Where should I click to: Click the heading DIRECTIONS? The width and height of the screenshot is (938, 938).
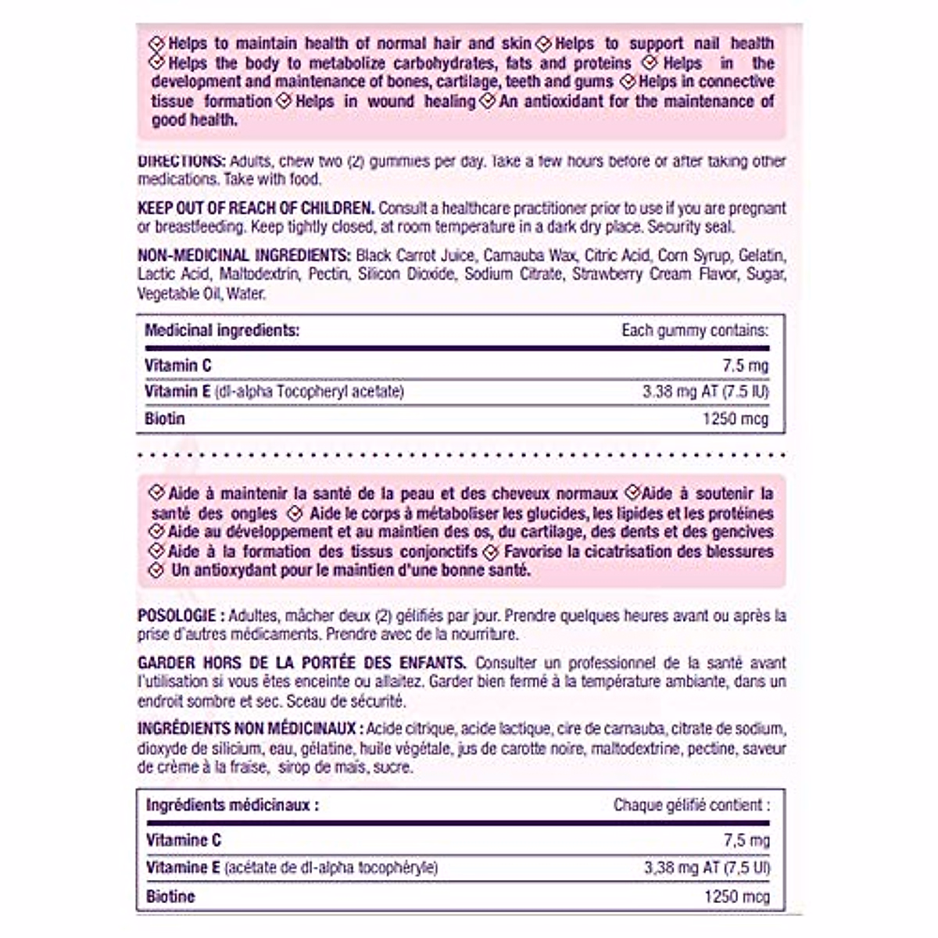pyautogui.click(x=181, y=161)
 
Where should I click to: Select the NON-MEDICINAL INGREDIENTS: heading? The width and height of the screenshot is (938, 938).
pyautogui.click(x=243, y=256)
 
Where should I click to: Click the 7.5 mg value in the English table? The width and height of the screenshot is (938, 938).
pyautogui.click(x=746, y=366)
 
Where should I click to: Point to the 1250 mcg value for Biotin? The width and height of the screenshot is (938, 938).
pyautogui.click(x=736, y=419)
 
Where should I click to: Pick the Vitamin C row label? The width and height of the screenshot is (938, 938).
pyautogui.click(x=178, y=366)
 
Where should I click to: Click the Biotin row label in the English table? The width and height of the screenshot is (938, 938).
pyautogui.click(x=165, y=419)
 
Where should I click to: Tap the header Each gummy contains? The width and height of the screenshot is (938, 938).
pyautogui.click(x=695, y=331)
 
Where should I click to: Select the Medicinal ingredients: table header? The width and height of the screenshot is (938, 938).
pyautogui.click(x=222, y=331)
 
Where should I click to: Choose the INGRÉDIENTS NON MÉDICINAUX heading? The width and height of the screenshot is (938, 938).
pyautogui.click(x=249, y=729)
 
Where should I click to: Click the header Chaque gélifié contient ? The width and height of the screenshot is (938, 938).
pyautogui.click(x=691, y=805)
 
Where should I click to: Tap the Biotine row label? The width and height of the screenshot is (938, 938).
pyautogui.click(x=170, y=897)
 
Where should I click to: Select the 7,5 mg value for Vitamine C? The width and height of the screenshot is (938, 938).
pyautogui.click(x=746, y=841)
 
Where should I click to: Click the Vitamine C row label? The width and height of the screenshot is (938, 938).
pyautogui.click(x=184, y=841)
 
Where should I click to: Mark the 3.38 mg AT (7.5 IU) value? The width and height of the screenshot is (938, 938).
pyautogui.click(x=706, y=391)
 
